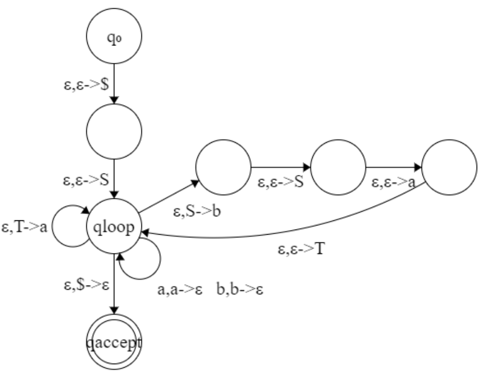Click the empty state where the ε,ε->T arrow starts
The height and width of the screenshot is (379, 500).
click(449, 167)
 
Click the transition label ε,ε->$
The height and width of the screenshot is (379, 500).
click(85, 85)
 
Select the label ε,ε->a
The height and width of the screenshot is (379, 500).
click(393, 183)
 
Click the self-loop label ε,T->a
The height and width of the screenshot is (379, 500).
click(24, 228)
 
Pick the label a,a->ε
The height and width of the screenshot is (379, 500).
click(181, 291)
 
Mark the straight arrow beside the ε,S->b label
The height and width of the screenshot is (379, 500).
click(168, 196)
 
